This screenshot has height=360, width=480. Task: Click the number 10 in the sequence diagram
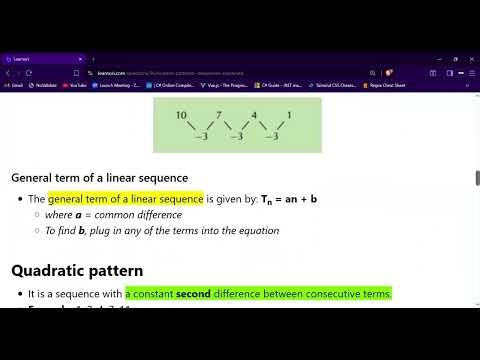181,116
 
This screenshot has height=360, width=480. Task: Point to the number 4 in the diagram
254,116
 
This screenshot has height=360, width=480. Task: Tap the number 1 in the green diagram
289,116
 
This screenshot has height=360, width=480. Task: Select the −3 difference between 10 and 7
200,136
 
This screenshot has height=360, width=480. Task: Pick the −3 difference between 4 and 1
271,136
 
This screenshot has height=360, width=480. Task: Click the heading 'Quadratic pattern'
77,270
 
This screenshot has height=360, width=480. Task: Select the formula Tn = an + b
289,199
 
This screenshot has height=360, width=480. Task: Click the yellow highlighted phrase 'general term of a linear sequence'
125,199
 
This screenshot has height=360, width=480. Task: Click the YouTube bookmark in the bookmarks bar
73,86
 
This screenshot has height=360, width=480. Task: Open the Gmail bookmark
15,86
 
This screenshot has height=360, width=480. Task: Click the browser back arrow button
8,73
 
